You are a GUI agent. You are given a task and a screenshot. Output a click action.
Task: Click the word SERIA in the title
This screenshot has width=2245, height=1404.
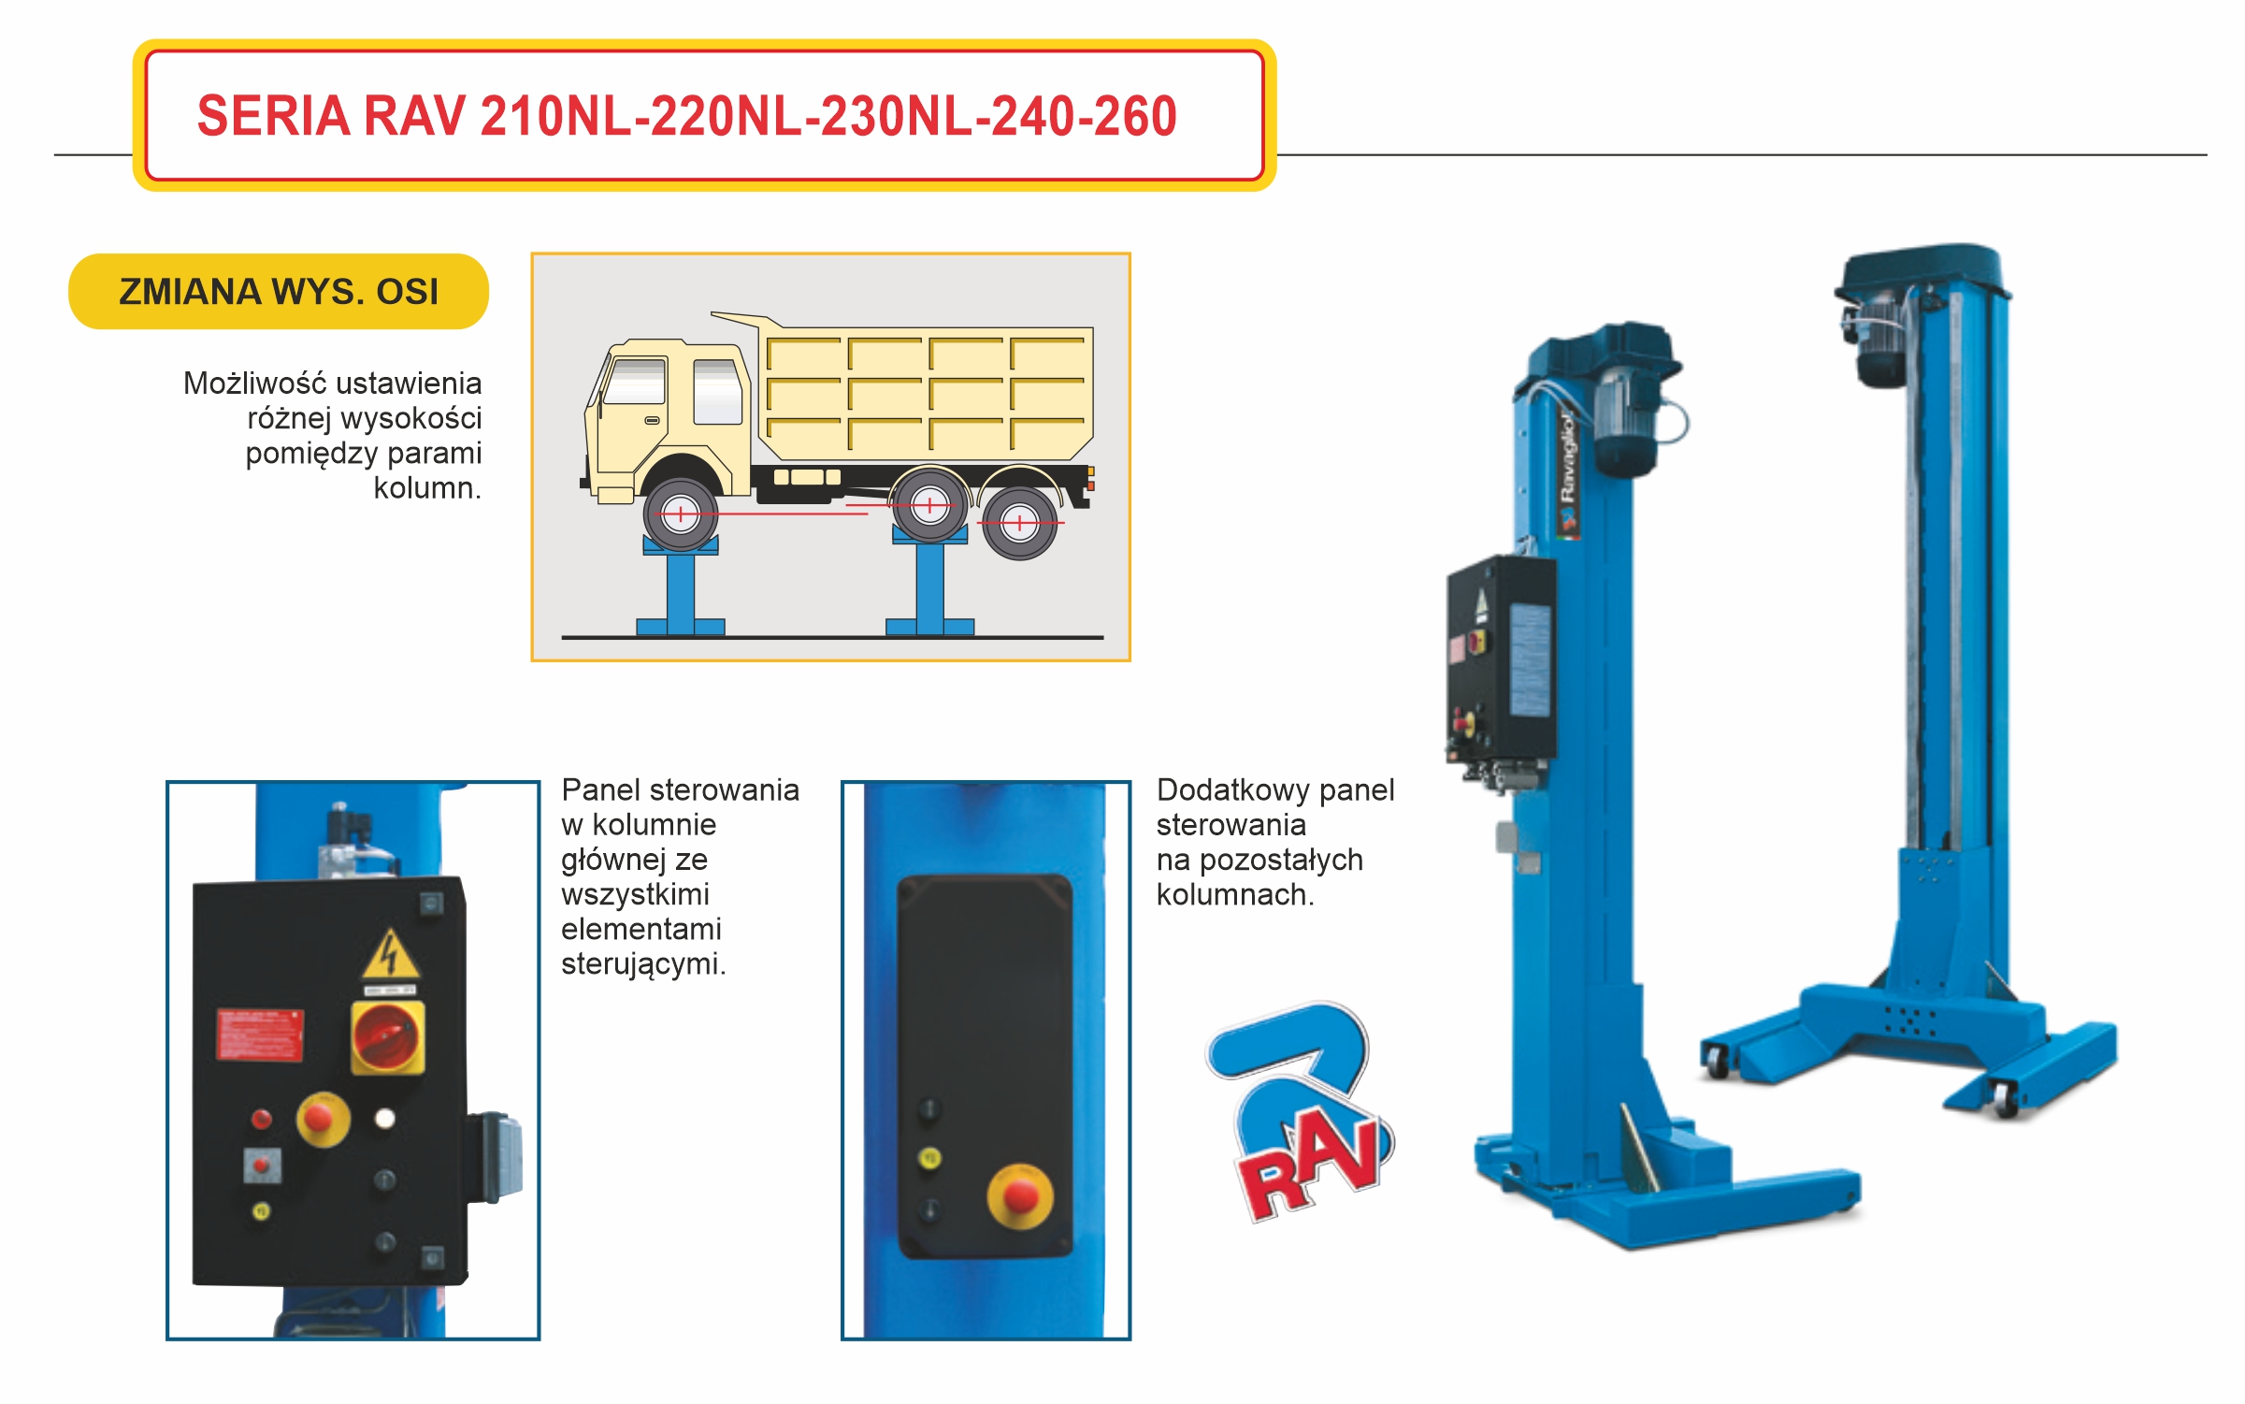point(272,116)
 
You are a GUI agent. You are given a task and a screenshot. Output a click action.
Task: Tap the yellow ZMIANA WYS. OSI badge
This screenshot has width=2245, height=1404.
point(278,292)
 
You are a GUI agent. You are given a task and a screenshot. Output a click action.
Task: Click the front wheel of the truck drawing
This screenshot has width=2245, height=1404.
point(681,514)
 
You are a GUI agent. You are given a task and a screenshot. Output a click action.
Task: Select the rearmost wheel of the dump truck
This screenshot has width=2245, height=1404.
point(1019,523)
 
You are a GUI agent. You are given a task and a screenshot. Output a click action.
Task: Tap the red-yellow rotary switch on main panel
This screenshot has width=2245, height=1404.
point(387,1037)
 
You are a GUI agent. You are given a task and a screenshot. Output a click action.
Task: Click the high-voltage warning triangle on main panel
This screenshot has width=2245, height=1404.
point(390,955)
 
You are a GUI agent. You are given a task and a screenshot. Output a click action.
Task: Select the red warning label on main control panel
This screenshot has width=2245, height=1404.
point(259,1035)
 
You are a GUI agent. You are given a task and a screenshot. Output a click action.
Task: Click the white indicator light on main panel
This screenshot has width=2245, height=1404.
point(384,1119)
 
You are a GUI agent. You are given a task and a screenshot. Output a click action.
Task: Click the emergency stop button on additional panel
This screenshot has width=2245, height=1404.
point(1020,1196)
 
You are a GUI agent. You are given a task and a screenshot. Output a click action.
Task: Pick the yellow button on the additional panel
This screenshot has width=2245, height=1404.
point(929,1159)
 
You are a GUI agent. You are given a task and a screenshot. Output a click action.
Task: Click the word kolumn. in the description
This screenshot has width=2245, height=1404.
point(427,488)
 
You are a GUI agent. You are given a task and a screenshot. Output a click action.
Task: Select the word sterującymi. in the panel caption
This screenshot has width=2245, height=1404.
point(643,964)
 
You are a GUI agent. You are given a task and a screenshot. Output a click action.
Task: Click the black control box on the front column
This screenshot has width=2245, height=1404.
point(1501,659)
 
